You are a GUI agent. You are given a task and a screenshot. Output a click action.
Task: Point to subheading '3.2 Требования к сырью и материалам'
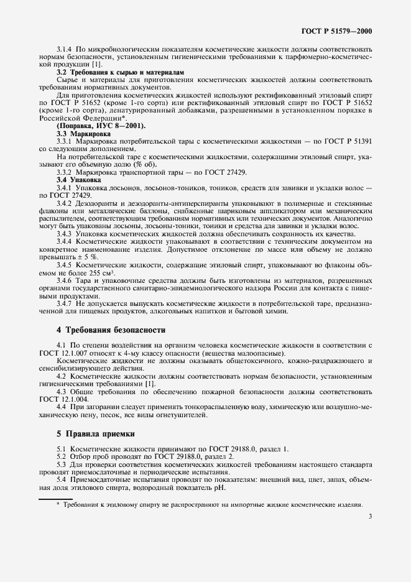tap(121, 73)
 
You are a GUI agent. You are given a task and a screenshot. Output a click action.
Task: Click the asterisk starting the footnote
tap(58, 505)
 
